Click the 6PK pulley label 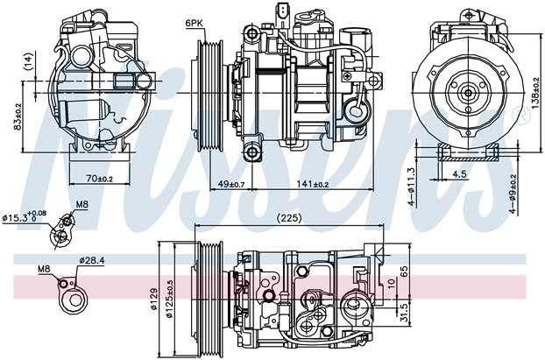[x=194, y=24]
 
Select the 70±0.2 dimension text [x=100, y=178]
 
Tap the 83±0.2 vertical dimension [x=17, y=116]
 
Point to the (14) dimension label [x=29, y=61]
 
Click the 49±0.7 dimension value [x=231, y=184]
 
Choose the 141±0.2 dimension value [x=313, y=184]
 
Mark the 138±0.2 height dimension [x=535, y=93]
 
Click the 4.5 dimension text [x=459, y=173]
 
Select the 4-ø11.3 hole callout [x=412, y=187]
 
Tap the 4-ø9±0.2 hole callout [x=513, y=194]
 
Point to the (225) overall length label [x=289, y=218]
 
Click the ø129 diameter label [x=153, y=299]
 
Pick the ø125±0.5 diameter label [x=169, y=299]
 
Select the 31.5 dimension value [x=404, y=311]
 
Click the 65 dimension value [x=404, y=272]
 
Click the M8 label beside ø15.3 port [x=82, y=205]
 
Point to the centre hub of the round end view [x=468, y=93]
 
